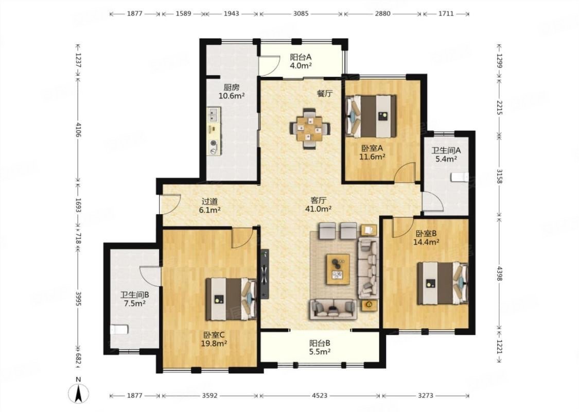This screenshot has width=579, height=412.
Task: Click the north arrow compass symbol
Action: [x=78, y=392]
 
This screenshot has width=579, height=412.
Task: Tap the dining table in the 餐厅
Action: [x=309, y=128]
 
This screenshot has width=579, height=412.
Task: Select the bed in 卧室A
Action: [x=371, y=116]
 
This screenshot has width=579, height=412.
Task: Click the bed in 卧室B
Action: [x=443, y=283]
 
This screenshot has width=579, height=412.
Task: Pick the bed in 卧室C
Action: [x=231, y=299]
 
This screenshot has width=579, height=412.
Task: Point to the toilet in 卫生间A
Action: [x=460, y=177]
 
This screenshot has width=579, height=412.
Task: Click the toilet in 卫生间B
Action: [x=119, y=329]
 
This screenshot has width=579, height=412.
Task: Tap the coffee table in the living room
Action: [x=338, y=269]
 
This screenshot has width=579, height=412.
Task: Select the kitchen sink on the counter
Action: [x=214, y=115]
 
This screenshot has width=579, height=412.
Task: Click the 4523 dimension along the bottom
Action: [x=320, y=396]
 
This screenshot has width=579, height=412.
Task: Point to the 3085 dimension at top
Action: [x=301, y=14]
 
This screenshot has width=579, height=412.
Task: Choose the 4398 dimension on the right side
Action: [x=499, y=273]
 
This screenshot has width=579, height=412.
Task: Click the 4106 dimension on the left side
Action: [x=78, y=129]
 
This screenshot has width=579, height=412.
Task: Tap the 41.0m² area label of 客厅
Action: [x=318, y=209]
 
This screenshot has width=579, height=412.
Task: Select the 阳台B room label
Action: [x=320, y=343]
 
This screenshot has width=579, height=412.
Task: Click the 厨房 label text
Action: [x=232, y=88]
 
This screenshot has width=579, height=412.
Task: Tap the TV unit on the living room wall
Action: [x=265, y=274]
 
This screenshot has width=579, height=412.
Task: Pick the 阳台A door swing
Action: [x=269, y=65]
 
